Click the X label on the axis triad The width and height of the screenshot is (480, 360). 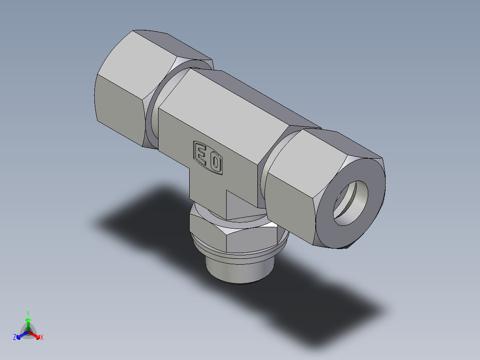pyautogui.click(x=42, y=338)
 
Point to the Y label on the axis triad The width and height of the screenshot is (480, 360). pyautogui.click(x=28, y=313)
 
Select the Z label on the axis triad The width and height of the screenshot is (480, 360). pyautogui.click(x=15, y=338)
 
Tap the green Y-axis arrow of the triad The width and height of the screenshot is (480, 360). pyautogui.click(x=28, y=323)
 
